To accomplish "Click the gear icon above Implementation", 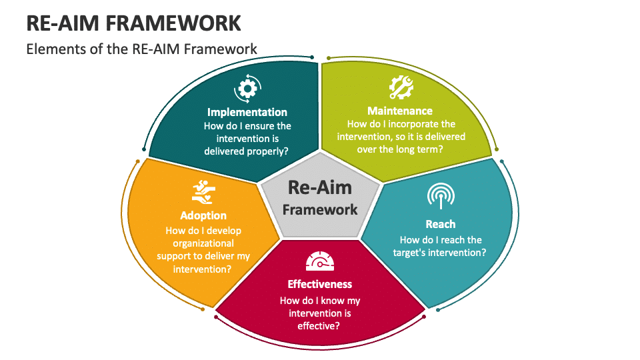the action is pyautogui.click(x=247, y=88).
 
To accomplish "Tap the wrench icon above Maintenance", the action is pyautogui.click(x=401, y=87).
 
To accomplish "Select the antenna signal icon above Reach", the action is pyautogui.click(x=441, y=196).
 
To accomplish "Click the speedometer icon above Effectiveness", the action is pyautogui.click(x=320, y=261).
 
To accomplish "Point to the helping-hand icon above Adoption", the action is pyautogui.click(x=203, y=192).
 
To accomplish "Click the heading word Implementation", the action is pyautogui.click(x=247, y=112).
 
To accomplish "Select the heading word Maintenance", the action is pyautogui.click(x=400, y=111).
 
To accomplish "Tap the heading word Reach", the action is pyautogui.click(x=441, y=224).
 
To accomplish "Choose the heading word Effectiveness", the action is pyautogui.click(x=319, y=284).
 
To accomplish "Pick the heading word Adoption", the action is pyautogui.click(x=203, y=215).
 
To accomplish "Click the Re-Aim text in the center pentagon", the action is pyautogui.click(x=320, y=188).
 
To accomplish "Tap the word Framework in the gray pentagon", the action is pyautogui.click(x=320, y=210).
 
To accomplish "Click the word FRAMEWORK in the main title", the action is pyautogui.click(x=173, y=23).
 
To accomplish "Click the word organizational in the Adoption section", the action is pyautogui.click(x=203, y=244).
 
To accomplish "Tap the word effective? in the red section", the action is pyautogui.click(x=319, y=326).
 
